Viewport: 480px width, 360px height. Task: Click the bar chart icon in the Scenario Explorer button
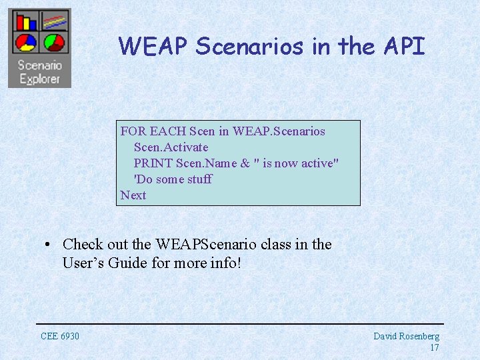tap(26, 21)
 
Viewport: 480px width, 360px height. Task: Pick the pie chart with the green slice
tap(54, 43)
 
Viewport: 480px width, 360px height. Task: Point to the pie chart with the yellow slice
tap(26, 43)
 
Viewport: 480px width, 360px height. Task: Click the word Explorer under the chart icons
tap(39, 79)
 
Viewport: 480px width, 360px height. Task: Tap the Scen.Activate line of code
tap(171, 147)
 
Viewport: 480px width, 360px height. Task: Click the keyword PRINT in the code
tap(153, 163)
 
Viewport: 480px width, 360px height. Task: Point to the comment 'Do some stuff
tap(173, 179)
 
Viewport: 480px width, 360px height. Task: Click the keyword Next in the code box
tap(133, 195)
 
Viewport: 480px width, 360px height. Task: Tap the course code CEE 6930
tap(60, 336)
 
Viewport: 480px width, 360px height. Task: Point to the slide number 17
tap(434, 347)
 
